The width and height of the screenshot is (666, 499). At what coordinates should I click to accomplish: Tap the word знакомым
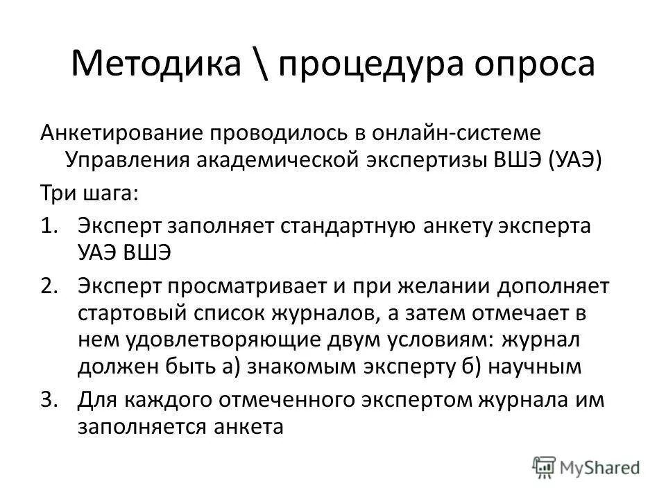[317, 367]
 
